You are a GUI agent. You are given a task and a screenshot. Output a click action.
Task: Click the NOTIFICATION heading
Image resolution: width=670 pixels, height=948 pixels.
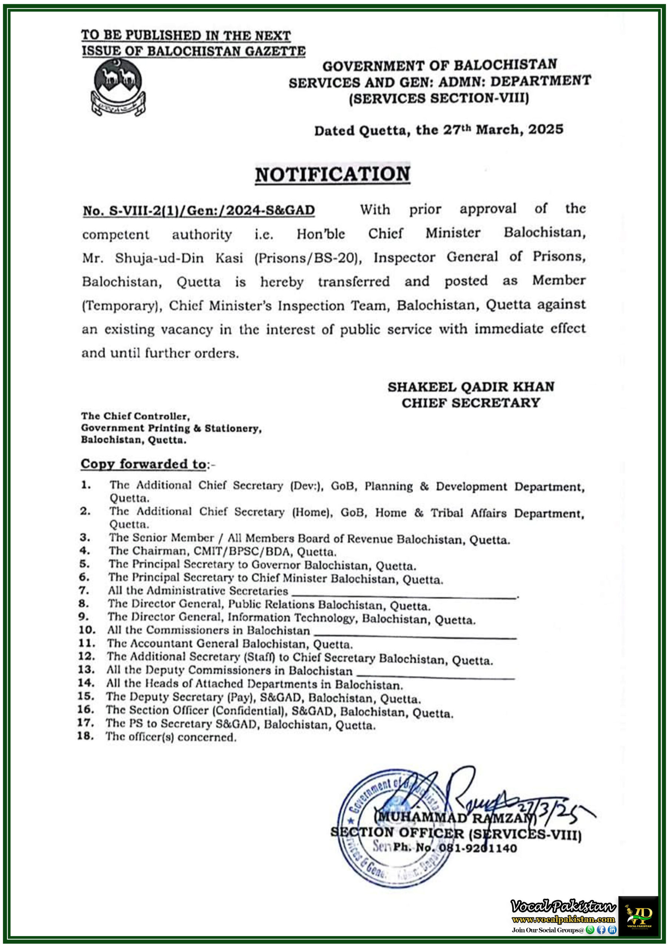pos(332,174)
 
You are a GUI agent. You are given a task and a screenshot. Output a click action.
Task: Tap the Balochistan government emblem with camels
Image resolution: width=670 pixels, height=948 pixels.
pos(118,87)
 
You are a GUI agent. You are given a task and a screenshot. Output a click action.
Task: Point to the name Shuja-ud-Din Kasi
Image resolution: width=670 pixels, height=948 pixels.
pos(178,258)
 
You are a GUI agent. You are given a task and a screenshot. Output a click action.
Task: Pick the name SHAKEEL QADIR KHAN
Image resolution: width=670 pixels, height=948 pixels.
pos(470,387)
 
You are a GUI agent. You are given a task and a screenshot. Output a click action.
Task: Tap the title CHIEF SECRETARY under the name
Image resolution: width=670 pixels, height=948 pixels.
pos(470,403)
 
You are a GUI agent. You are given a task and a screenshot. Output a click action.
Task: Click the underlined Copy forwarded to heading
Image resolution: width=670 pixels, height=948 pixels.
pos(143,464)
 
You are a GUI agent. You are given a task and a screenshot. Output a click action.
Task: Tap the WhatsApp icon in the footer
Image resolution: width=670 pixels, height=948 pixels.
pos(590,930)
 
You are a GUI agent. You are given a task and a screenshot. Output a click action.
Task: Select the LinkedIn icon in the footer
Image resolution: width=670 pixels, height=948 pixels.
pos(612,930)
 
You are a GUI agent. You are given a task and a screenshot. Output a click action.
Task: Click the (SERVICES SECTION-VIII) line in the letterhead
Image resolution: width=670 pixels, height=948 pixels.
pos(439,99)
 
